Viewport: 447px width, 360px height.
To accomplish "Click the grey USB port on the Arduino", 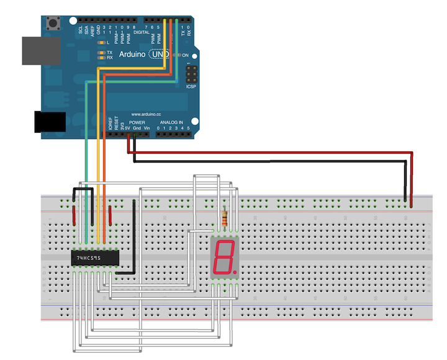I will (x=41, y=50).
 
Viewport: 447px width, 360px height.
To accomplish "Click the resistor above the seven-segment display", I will (x=224, y=218).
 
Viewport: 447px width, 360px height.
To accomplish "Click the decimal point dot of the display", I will (x=235, y=271).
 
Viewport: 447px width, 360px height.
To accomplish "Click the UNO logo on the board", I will (x=160, y=55).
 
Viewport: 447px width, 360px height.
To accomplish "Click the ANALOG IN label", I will (x=172, y=123).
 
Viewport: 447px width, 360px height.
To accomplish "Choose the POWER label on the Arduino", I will (x=137, y=123).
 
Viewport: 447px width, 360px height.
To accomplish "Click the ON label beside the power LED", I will (x=185, y=55).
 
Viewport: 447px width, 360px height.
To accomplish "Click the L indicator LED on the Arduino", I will (x=101, y=42).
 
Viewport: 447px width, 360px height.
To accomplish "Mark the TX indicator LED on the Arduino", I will (x=101, y=53).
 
